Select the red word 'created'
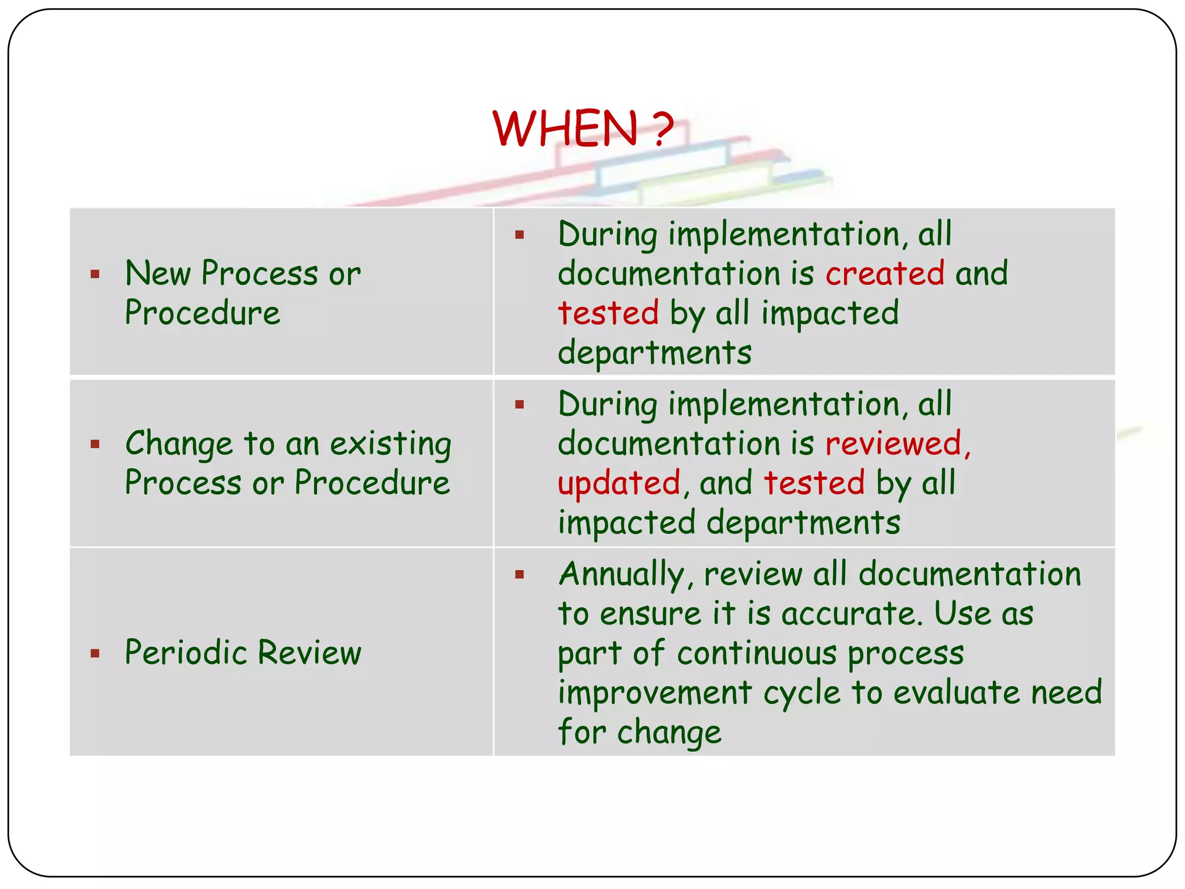click(885, 273)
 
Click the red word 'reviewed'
click(893, 444)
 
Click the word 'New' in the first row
click(157, 273)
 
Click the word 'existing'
click(391, 444)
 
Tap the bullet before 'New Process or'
click(95, 274)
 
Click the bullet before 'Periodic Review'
click(95, 654)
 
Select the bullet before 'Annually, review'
click(520, 575)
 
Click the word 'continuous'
click(757, 653)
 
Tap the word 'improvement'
click(654, 693)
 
